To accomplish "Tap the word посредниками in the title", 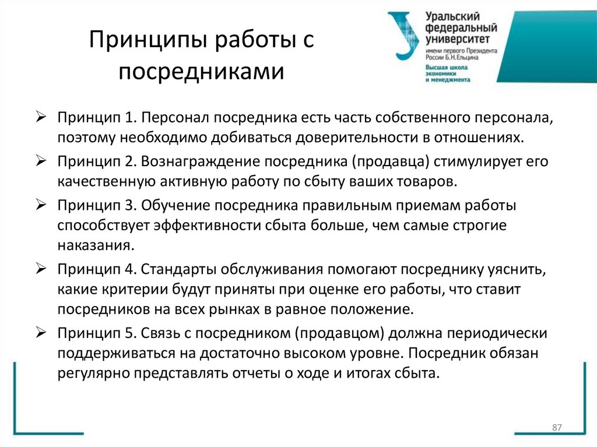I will pos(202,72).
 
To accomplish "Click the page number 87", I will pos(556,428).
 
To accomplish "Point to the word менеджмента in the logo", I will pos(449,79).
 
